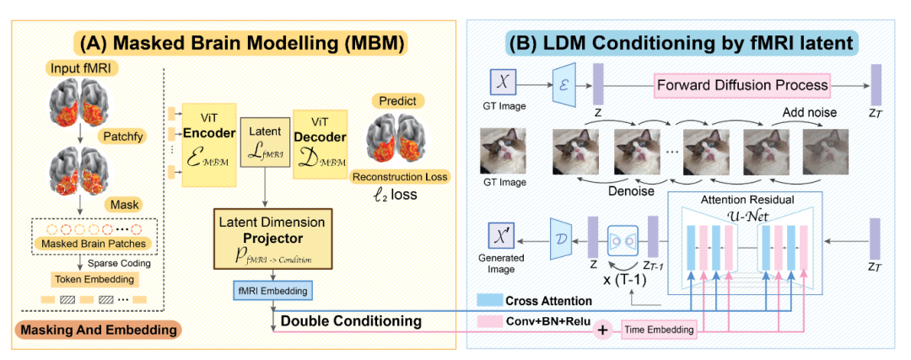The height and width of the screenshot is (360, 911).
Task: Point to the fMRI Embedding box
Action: tap(272, 291)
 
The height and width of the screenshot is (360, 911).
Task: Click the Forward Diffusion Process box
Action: tap(742, 84)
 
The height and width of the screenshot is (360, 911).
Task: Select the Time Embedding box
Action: tap(660, 329)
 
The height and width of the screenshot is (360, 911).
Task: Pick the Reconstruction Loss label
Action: tap(401, 176)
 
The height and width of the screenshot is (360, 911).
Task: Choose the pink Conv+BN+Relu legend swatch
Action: tap(484, 321)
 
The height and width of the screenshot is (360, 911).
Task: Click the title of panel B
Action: tap(680, 41)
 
